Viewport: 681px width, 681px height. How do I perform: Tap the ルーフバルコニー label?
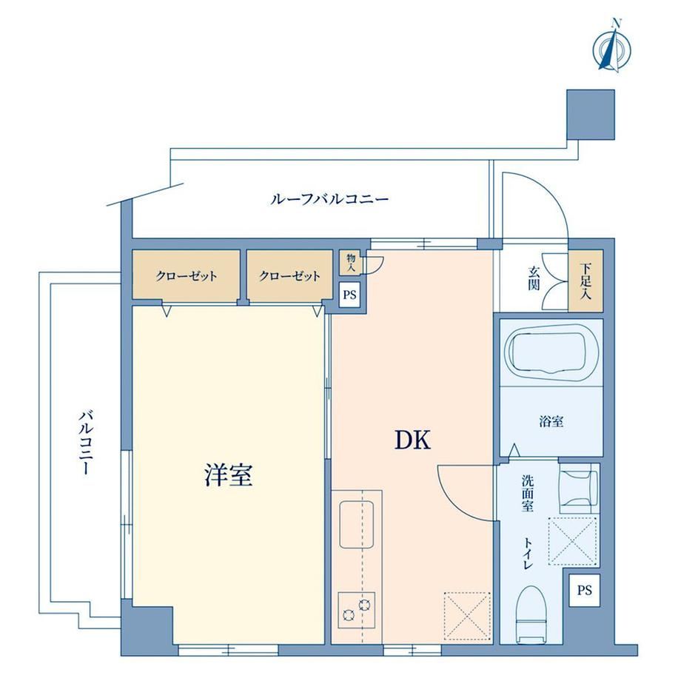pyautogui.click(x=329, y=200)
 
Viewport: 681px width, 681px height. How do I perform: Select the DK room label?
pyautogui.click(x=412, y=440)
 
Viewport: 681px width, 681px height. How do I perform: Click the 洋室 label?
pyautogui.click(x=229, y=474)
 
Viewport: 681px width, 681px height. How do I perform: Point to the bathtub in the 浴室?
pyautogui.click(x=551, y=350)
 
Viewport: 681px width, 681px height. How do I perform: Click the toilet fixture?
pyautogui.click(x=532, y=614)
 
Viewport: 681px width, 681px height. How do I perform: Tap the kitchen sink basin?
pyautogui.click(x=357, y=525)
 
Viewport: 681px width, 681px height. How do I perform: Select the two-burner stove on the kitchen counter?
pyautogui.click(x=356, y=609)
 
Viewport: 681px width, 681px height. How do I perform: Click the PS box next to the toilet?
pyautogui.click(x=584, y=590)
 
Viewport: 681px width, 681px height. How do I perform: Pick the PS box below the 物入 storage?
pyautogui.click(x=349, y=295)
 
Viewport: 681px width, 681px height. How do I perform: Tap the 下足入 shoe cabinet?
pyautogui.click(x=586, y=281)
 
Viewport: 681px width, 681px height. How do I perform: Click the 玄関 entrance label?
pyautogui.click(x=534, y=278)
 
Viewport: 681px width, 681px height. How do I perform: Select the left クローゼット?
pyautogui.click(x=187, y=275)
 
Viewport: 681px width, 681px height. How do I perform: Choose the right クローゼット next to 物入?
pyautogui.click(x=289, y=275)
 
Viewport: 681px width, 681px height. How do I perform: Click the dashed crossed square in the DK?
pyautogui.click(x=467, y=616)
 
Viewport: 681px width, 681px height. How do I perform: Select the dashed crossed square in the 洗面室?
pyautogui.click(x=572, y=541)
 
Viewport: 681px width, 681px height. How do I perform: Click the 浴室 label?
pyautogui.click(x=551, y=421)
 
